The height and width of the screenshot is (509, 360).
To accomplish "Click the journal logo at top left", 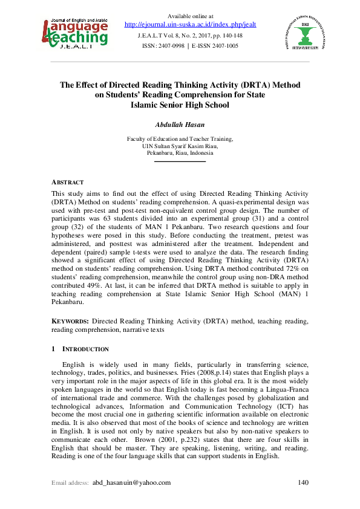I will tap(76, 31).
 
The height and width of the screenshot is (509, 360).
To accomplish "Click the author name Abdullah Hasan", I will tap(180, 125).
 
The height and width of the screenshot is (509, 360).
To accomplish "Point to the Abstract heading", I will tap(67, 182).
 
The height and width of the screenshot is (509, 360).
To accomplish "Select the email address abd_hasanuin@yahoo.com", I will tap(131, 482).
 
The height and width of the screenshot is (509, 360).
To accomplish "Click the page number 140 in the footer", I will tap(304, 482).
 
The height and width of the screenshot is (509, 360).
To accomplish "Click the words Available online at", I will tap(180, 16).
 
